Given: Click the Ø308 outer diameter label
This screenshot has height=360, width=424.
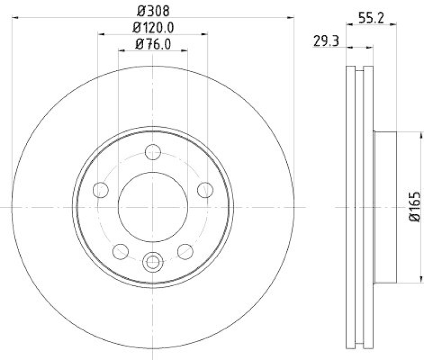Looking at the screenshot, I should pyautogui.click(x=153, y=9).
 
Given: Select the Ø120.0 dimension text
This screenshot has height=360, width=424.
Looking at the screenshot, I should pyautogui.click(x=153, y=27).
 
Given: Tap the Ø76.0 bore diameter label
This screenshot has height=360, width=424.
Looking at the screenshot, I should pyautogui.click(x=153, y=45).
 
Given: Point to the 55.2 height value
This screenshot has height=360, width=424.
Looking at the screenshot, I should pyautogui.click(x=371, y=17).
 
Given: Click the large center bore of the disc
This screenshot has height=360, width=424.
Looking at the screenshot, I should pyautogui.click(x=153, y=207).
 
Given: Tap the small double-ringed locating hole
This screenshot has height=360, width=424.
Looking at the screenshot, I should pyautogui.click(x=153, y=261).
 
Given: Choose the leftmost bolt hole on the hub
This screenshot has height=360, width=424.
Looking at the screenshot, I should pyautogui.click(x=100, y=189).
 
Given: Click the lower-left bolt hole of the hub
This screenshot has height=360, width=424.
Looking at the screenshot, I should pyautogui.click(x=121, y=250).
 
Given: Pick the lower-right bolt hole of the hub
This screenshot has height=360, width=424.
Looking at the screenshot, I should pyautogui.click(x=184, y=250).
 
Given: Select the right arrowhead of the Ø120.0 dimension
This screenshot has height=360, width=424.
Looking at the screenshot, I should pyautogui.click(x=205, y=34).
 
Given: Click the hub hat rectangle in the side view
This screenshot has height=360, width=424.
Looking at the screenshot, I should pyautogui.click(x=385, y=207).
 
